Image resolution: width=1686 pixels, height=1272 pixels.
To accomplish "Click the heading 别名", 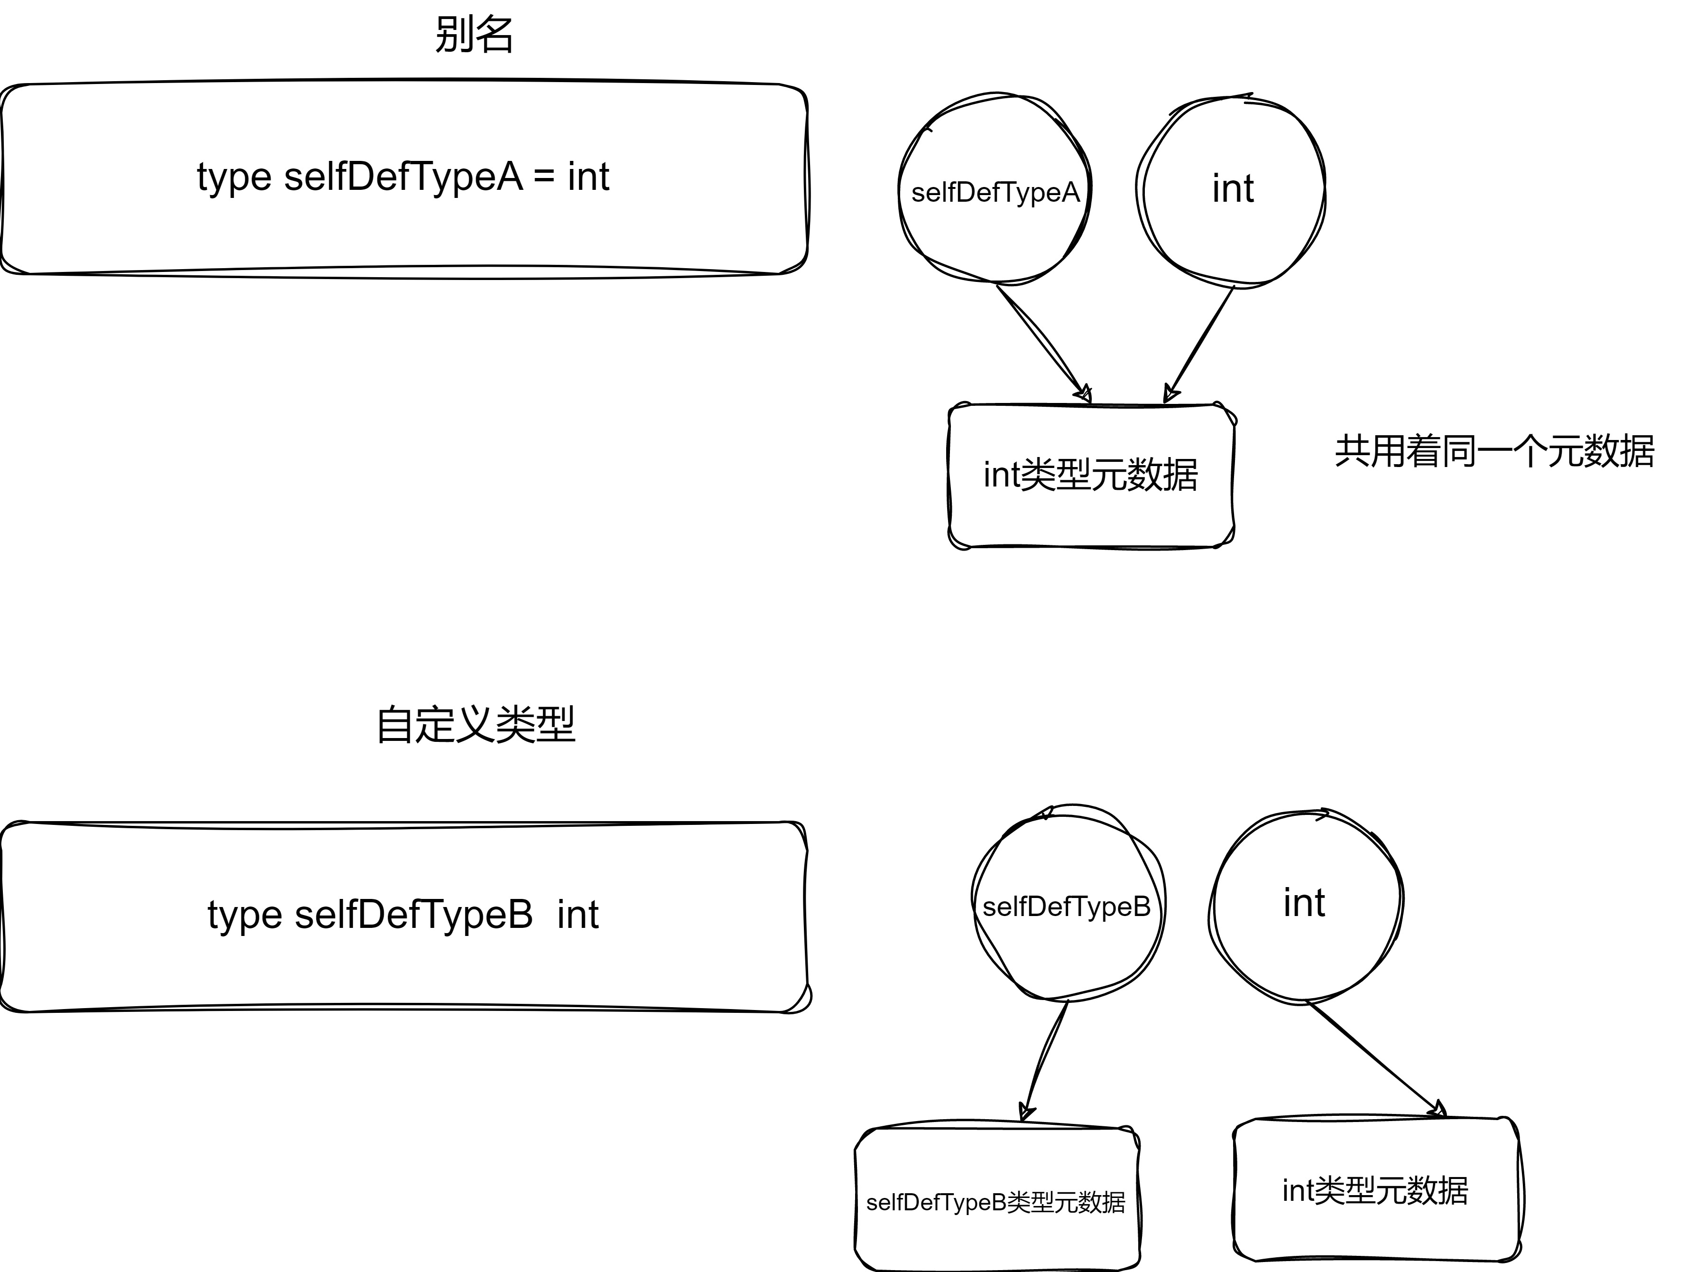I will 474,35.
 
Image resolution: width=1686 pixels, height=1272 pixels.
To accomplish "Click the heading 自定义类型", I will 476,724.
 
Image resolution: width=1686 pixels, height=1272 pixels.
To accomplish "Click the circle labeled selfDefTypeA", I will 995,152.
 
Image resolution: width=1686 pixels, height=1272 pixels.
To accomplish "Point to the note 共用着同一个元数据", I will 1494,451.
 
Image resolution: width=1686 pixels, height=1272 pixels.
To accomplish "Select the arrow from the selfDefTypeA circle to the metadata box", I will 1041,340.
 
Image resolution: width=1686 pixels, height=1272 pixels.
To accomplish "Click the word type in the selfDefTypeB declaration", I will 245,915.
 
